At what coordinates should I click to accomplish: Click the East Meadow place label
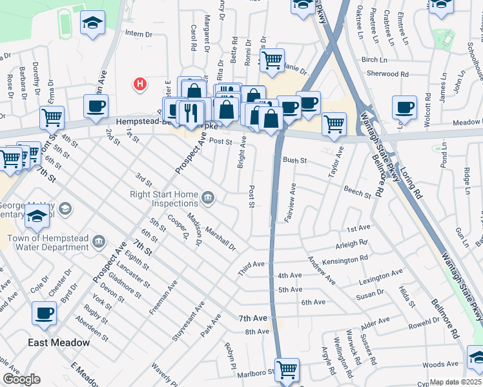point(59,342)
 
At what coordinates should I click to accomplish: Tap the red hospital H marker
point(139,84)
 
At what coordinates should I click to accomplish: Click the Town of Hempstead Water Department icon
point(98,242)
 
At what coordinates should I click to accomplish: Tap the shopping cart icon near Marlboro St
point(287,370)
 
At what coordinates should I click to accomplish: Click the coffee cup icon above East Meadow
point(44,313)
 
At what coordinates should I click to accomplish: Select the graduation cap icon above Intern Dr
point(92,23)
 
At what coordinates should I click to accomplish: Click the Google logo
point(21,379)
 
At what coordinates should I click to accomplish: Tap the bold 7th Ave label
point(252,319)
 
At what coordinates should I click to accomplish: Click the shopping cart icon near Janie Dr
point(272,61)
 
